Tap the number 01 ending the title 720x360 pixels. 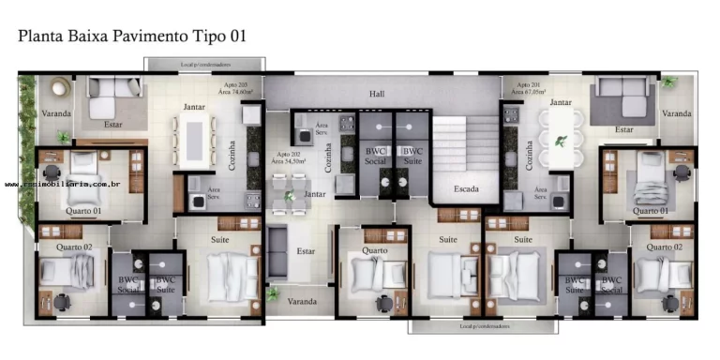[235, 37]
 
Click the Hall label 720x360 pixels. [377, 94]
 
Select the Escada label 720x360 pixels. [466, 188]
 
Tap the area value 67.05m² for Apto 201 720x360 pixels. [528, 94]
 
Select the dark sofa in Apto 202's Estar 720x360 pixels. [277, 250]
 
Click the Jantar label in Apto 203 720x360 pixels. [194, 106]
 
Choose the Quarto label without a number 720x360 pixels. [375, 250]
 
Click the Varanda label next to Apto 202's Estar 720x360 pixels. [302, 301]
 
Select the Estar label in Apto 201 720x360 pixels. [624, 129]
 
